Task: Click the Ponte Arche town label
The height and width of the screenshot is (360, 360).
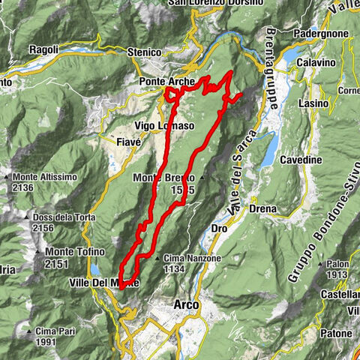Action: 166,81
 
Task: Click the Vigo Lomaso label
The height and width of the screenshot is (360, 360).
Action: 164,125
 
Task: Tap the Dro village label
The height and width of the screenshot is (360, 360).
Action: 220,226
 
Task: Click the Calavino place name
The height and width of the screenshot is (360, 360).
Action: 315,62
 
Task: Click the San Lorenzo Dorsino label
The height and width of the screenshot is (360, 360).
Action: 217,3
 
